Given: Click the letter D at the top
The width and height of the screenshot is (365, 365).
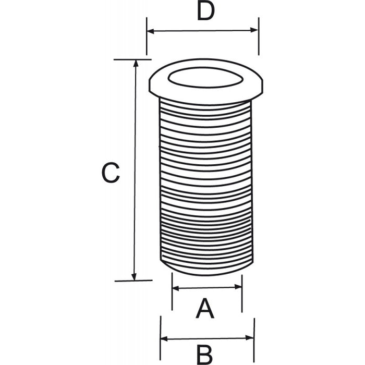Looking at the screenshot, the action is [205, 11].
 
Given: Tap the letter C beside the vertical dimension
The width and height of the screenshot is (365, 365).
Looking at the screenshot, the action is [111, 173].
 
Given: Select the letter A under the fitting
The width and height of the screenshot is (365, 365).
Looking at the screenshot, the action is [205, 308].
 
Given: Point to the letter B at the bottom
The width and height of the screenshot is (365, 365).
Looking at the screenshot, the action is [205, 355].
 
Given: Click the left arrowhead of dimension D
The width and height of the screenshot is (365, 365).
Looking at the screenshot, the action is [151, 31].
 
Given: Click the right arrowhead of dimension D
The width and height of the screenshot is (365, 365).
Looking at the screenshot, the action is [254, 30].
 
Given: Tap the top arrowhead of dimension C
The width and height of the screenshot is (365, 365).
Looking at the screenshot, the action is [136, 63].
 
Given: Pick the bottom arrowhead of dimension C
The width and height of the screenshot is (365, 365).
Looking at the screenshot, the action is [134, 277].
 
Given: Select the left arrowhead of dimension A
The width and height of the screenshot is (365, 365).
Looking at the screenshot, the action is [176, 288].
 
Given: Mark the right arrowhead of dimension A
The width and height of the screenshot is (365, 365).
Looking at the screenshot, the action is [238, 287].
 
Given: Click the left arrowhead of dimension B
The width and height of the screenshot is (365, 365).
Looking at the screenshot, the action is [164, 339].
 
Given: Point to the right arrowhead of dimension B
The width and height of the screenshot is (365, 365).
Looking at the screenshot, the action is [250, 337].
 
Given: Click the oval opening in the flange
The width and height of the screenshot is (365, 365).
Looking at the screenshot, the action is [205, 78].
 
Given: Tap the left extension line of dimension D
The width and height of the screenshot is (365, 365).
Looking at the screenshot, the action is [147, 36].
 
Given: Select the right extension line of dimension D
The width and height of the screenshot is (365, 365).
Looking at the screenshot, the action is [259, 36].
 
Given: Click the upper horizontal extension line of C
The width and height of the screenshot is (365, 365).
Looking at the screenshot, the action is [132, 59].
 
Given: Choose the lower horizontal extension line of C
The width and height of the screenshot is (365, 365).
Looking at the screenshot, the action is [133, 281].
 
